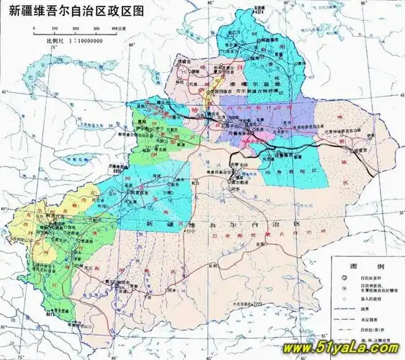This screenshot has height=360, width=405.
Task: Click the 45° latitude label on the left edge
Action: pos(5,94)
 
